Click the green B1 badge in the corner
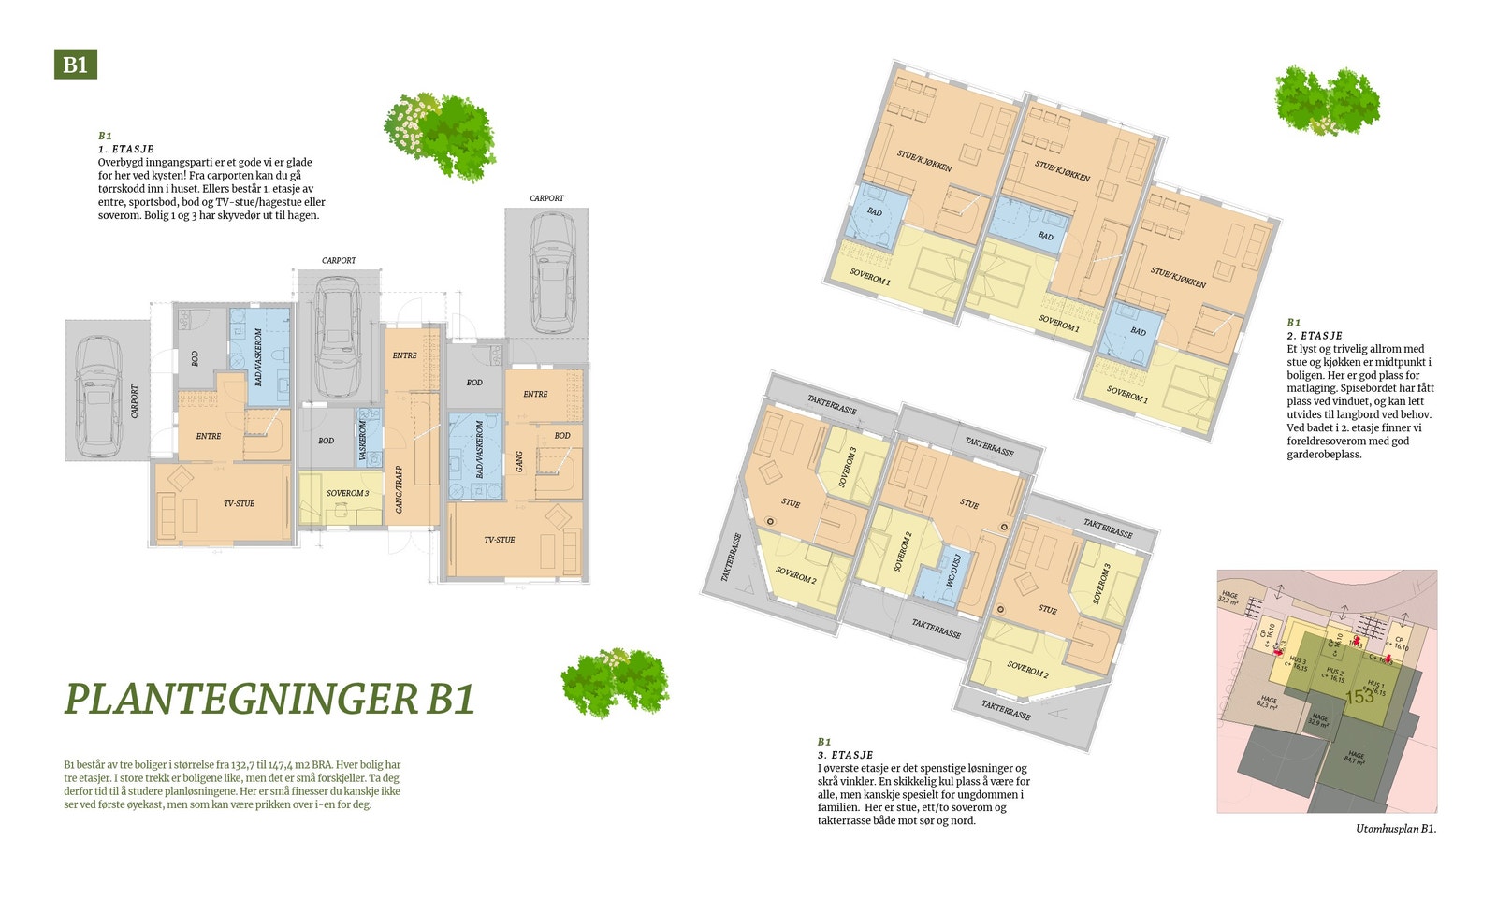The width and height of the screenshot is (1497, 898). (x=75, y=64)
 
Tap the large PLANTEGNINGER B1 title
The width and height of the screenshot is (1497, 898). (x=269, y=699)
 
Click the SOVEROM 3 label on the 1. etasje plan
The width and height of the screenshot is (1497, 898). (x=347, y=493)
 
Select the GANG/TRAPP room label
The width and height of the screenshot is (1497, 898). (x=400, y=489)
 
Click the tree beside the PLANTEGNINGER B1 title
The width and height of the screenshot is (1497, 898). (x=615, y=682)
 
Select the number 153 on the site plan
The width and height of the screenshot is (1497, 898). (x=1359, y=697)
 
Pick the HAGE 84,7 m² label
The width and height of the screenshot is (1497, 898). (x=1356, y=758)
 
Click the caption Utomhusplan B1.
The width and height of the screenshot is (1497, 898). (x=1395, y=829)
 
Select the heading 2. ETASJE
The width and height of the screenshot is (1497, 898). (x=1315, y=335)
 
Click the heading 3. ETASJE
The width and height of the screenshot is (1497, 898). (x=845, y=755)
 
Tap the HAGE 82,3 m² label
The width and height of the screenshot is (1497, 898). (x=1269, y=702)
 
